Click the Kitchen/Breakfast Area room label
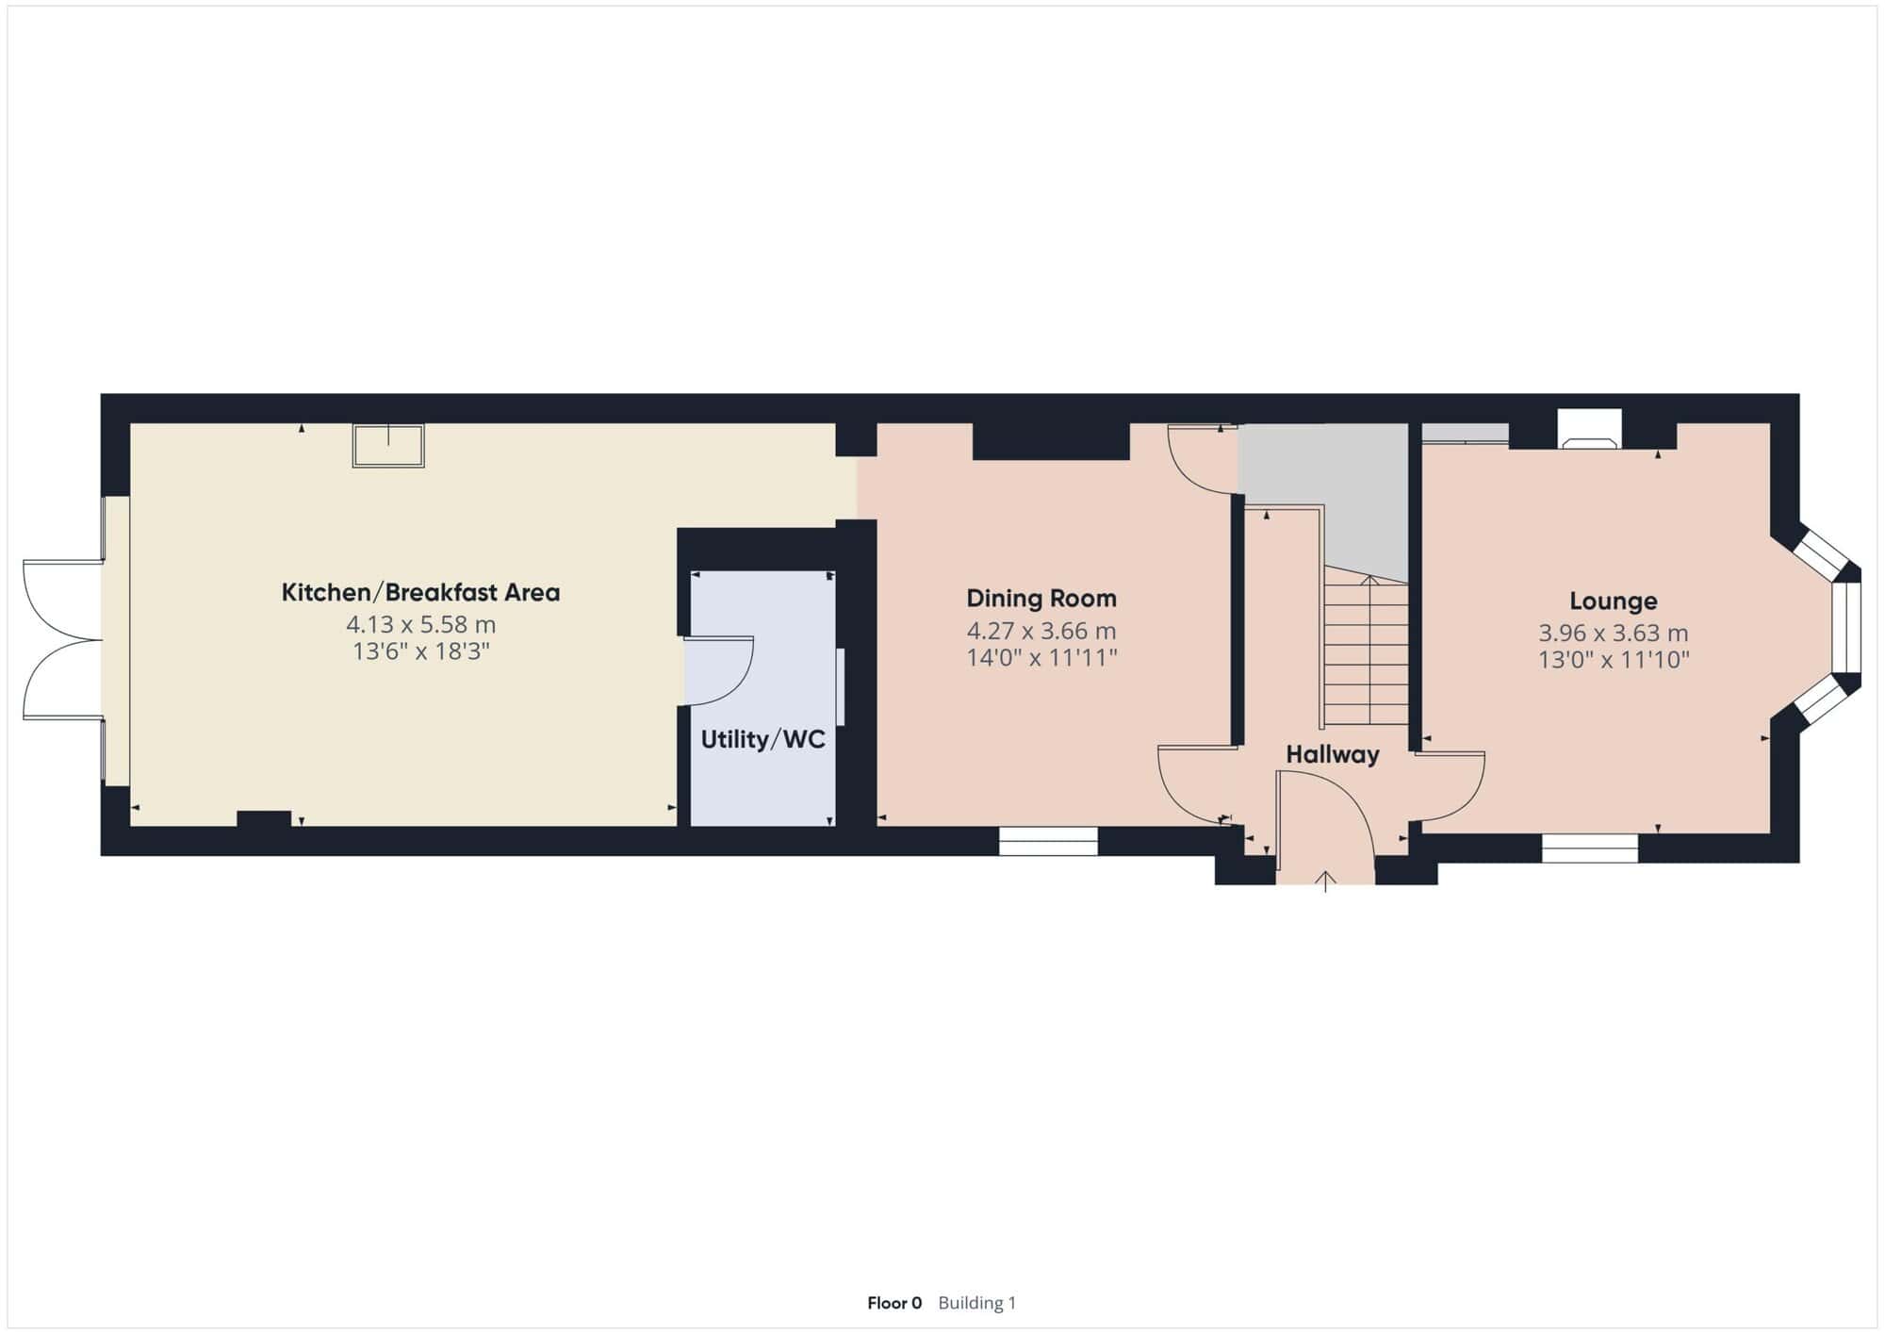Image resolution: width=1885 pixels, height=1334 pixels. coord(420,592)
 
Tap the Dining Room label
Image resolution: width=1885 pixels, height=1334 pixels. coord(1041,598)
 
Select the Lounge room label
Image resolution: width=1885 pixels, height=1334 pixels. coord(1613,601)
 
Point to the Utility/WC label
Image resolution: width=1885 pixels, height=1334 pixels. coord(762,739)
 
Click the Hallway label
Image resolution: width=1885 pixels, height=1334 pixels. coord(1333,754)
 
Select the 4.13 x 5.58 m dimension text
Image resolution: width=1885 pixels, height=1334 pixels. coord(420,624)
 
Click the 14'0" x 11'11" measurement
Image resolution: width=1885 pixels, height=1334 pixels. coord(1041,657)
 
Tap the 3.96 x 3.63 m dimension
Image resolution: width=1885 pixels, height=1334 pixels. coord(1613,634)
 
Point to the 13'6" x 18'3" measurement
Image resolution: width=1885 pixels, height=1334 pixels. coord(420,651)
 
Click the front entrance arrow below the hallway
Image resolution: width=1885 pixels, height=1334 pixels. coord(1326,881)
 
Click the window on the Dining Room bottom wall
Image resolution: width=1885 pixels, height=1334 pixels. coord(1048,841)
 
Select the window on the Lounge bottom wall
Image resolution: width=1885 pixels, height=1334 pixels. coord(1590,848)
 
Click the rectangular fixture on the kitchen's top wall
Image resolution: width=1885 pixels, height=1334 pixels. coord(388,445)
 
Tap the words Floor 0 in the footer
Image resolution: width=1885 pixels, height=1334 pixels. coord(894,1303)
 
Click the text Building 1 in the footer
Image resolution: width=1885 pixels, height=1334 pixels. coord(977,1303)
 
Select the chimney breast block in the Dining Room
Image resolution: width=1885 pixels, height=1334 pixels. coord(1051,441)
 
